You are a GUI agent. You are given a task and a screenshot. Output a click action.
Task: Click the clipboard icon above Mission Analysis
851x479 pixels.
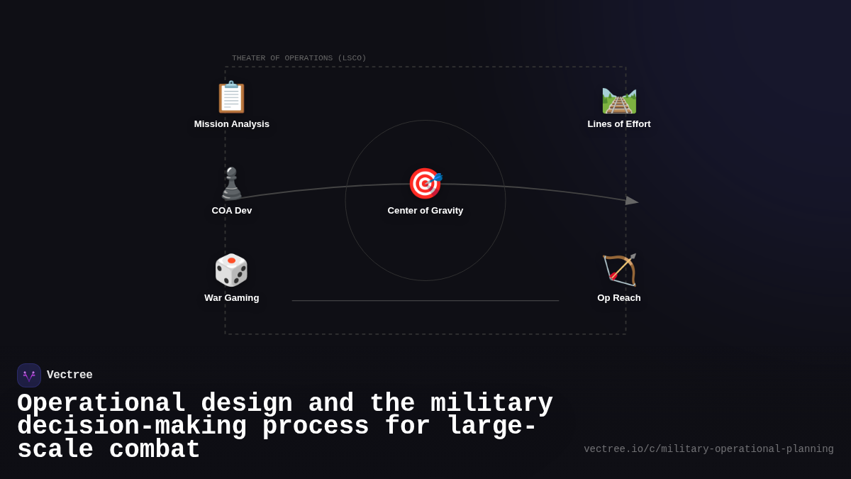pyautogui.click(x=231, y=97)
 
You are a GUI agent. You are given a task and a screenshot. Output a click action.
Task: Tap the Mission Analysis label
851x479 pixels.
pyautogui.click(x=232, y=124)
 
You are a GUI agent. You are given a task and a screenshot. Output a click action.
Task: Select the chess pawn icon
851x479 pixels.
pyautogui.click(x=231, y=184)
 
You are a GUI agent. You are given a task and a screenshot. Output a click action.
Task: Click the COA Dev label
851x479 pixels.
pyautogui.click(x=232, y=211)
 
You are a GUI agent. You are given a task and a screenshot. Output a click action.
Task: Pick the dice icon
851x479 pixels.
pyautogui.click(x=231, y=270)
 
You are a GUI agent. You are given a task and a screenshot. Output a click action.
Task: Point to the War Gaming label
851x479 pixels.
pyautogui.click(x=232, y=298)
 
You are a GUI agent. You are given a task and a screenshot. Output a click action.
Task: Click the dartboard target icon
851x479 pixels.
pyautogui.click(x=425, y=184)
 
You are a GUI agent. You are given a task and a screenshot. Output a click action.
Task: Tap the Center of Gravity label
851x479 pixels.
pyautogui.click(x=425, y=211)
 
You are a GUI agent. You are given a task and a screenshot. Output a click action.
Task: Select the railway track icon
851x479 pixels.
pyautogui.click(x=619, y=100)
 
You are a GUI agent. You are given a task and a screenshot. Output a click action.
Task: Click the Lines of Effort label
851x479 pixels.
pyautogui.click(x=619, y=124)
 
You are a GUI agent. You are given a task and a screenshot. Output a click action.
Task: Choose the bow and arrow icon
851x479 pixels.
pyautogui.click(x=619, y=270)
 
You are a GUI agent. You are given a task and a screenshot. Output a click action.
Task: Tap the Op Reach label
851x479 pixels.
pyautogui.click(x=619, y=298)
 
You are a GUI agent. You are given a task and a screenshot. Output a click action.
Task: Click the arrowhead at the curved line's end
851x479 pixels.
pyautogui.click(x=631, y=201)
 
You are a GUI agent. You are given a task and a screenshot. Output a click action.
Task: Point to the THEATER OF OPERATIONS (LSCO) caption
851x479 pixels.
pyautogui.click(x=299, y=58)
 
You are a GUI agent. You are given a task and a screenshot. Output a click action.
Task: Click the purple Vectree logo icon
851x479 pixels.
pyautogui.click(x=29, y=375)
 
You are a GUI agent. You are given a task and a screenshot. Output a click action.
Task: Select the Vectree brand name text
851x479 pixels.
pyautogui.click(x=69, y=375)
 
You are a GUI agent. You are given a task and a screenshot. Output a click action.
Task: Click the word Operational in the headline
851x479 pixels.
pyautogui.click(x=101, y=404)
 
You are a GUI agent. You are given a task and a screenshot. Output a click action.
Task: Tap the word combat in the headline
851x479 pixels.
pyautogui.click(x=155, y=450)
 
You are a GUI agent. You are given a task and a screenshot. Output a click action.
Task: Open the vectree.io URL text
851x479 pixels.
pyautogui.click(x=708, y=449)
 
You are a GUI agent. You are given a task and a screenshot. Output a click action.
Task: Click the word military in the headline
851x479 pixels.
pyautogui.click(x=491, y=404)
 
